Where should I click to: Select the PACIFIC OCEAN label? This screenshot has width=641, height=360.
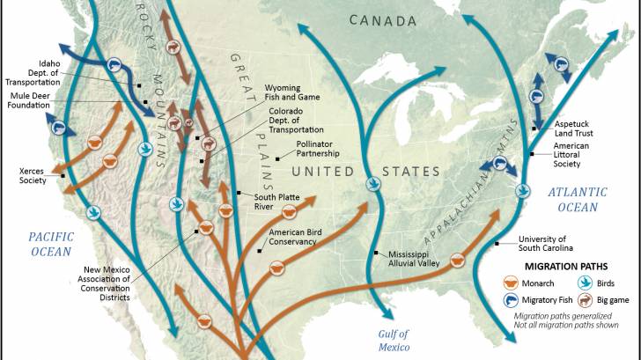50,244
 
